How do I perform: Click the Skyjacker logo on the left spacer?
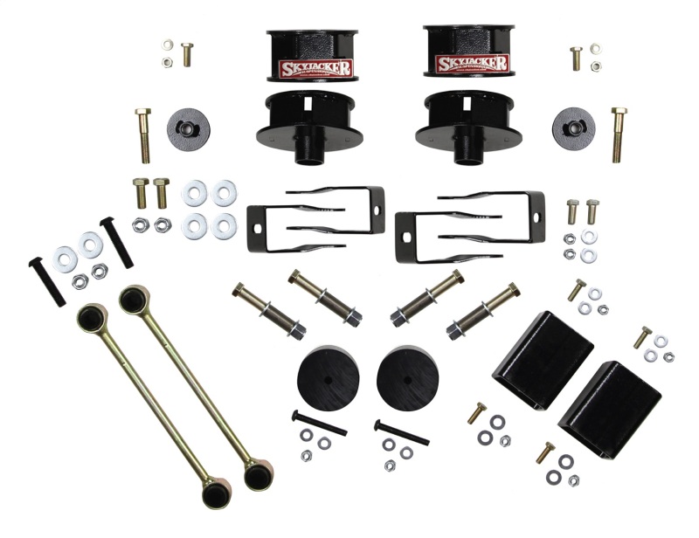coord(315,67)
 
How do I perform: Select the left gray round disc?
coord(188,128)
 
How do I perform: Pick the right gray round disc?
coord(573,127)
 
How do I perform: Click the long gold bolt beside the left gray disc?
coord(144,135)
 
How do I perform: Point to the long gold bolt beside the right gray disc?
coord(619,134)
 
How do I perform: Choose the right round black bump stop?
coord(406,374)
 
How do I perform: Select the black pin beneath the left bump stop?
coord(319,423)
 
